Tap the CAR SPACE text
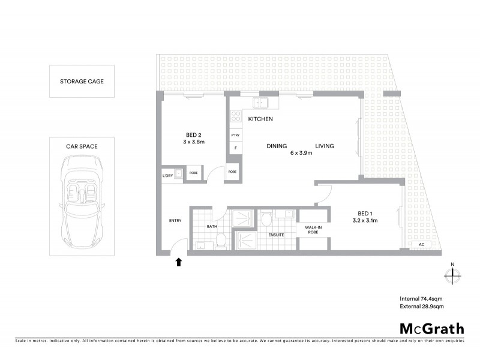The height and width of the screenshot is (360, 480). [82, 146]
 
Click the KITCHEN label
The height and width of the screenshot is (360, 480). [260, 119]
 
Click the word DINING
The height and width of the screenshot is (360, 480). [277, 146]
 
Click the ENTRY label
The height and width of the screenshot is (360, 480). [175, 221]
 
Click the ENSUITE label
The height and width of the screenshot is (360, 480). [276, 234]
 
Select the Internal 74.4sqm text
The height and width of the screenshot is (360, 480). [421, 299]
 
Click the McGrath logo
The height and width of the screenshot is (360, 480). [431, 328]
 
